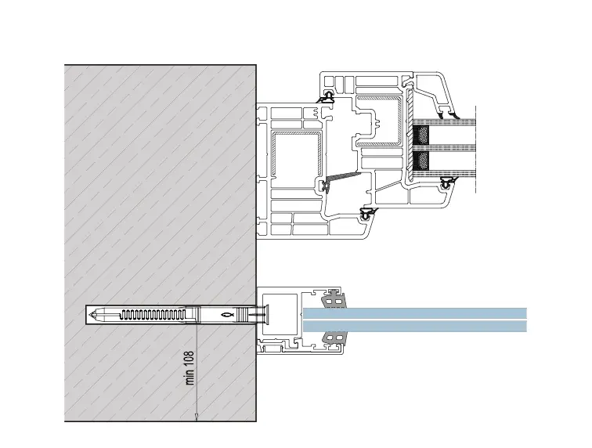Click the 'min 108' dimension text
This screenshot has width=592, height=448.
[x=190, y=367]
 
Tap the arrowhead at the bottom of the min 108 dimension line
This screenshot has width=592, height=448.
[x=197, y=415]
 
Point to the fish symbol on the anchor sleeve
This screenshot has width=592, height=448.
[x=227, y=315]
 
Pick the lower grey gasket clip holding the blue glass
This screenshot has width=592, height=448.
[x=334, y=338]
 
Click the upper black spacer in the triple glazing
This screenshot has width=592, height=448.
[x=421, y=135]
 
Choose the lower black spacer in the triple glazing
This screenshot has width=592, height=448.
[x=421, y=161]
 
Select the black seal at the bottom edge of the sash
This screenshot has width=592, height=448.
[x=364, y=212]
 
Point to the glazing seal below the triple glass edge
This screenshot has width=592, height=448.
[x=448, y=185]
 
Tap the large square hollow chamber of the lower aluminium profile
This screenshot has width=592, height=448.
[x=283, y=315]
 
